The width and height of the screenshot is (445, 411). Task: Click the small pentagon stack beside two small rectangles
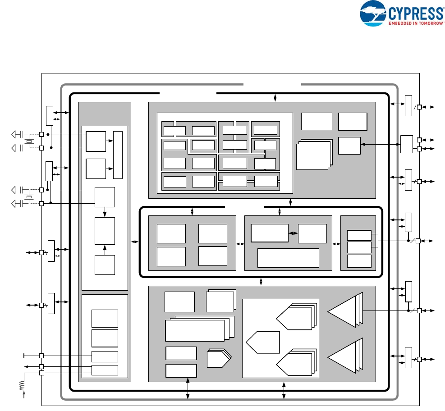click(x=218, y=359)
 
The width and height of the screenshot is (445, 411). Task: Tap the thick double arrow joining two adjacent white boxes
click(x=293, y=233)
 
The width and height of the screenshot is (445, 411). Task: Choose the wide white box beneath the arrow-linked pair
click(x=288, y=258)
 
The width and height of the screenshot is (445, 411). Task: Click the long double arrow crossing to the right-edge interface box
click(x=381, y=144)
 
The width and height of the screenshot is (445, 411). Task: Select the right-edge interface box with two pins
click(x=407, y=144)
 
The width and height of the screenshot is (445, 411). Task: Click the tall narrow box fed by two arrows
click(x=118, y=155)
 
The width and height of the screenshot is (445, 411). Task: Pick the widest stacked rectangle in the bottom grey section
click(x=195, y=330)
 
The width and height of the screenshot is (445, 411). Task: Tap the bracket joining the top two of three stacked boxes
click(x=375, y=241)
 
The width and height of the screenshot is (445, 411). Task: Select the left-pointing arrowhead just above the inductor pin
click(x=26, y=366)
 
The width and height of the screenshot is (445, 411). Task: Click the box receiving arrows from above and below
click(x=105, y=230)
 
